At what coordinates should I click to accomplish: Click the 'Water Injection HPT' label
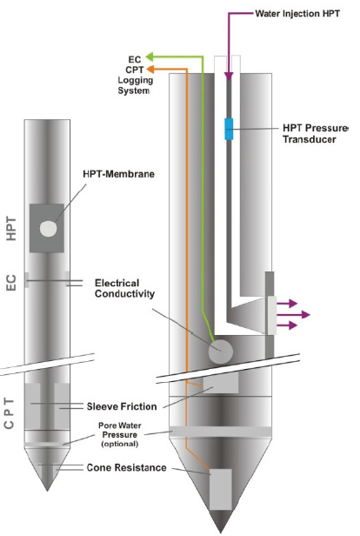pos(297,14)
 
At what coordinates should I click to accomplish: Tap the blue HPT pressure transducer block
pos(229,129)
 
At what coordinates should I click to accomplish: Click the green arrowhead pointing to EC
pos(150,57)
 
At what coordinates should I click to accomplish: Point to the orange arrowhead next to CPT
pos(150,70)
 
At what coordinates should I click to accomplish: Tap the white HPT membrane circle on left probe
pos(48,229)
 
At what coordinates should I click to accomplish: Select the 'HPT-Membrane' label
pos(118,174)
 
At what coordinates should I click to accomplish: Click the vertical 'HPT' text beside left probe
pos(11,228)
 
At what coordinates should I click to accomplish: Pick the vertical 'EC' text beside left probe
pos(11,283)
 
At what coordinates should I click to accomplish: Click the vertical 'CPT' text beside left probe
pos(10,413)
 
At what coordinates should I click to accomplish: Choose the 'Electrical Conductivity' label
pos(124,289)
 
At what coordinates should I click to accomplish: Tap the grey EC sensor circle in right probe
pos(221,352)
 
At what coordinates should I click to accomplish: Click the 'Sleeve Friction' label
pos(122,406)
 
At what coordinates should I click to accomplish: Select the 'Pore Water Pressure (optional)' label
pos(119,435)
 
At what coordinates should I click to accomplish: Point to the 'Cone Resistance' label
pos(126,467)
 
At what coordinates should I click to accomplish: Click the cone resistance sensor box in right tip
pos(221,489)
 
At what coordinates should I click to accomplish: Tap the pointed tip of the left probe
pos(47,491)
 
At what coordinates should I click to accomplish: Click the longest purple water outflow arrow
pos(293,314)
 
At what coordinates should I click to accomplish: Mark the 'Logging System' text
pos(135,85)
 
